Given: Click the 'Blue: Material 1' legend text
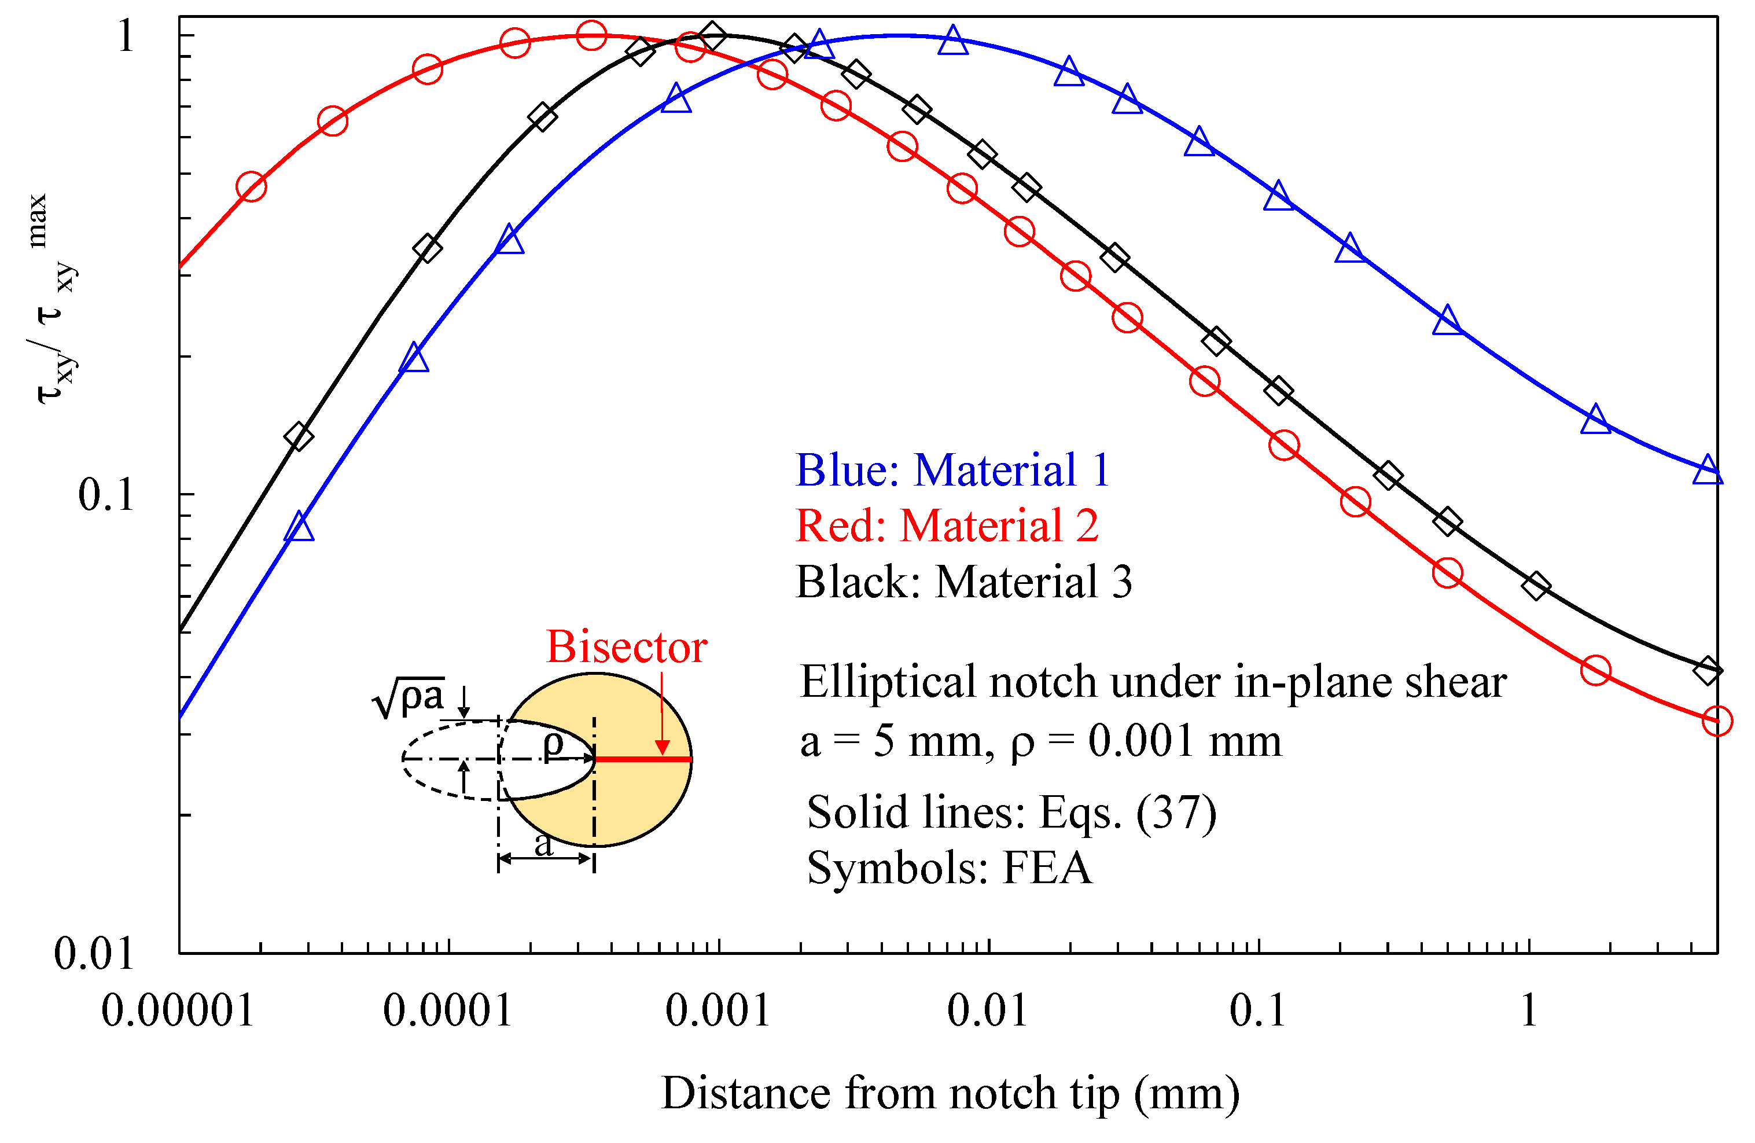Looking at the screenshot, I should pos(952,470).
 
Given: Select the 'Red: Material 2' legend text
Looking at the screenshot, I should pos(947,525).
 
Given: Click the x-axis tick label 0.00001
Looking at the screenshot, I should pos(178,1010).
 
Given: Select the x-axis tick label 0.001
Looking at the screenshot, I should pos(718,1010).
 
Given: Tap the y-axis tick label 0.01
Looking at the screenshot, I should pos(94,954).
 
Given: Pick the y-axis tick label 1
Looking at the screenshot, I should pos(126,35).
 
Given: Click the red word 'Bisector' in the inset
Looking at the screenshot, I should pos(626,648).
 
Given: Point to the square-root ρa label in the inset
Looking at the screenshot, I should pos(409,697).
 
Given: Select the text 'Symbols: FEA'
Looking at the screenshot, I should pos(949,868).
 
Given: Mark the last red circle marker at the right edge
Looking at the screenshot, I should pos(1717,721).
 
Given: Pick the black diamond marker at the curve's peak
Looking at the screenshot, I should pos(712,35).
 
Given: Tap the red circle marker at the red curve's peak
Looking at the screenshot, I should pos(591,35).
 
